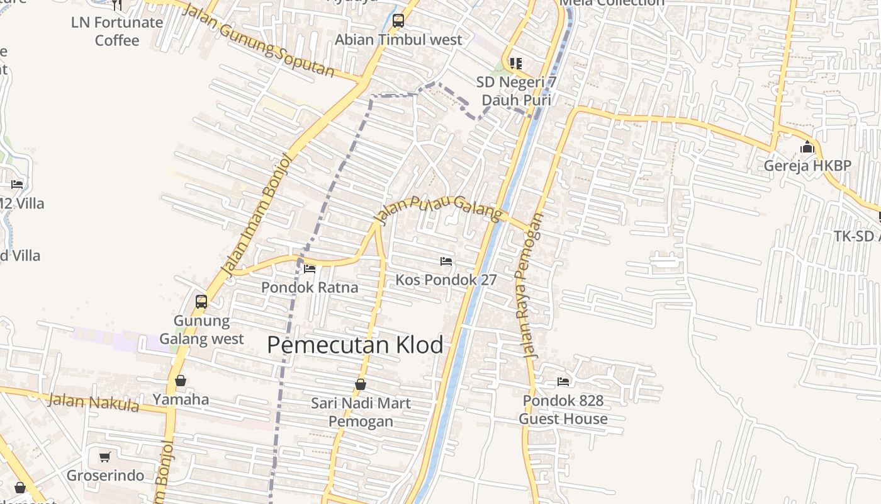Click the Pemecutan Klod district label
pyautogui.click(x=355, y=345)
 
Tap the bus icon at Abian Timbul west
pyautogui.click(x=398, y=21)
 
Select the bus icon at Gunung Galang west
pyautogui.click(x=201, y=301)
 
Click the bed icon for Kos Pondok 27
pyautogui.click(x=446, y=261)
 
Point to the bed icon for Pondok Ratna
pyautogui.click(x=310, y=268)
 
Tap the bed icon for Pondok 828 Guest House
pyautogui.click(x=563, y=381)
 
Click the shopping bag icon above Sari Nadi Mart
pyautogui.click(x=361, y=384)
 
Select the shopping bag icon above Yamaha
pyautogui.click(x=181, y=381)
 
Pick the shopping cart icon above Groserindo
pyautogui.click(x=105, y=457)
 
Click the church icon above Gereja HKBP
pyautogui.click(x=807, y=148)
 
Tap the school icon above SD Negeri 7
pyautogui.click(x=516, y=63)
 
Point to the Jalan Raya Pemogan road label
pyautogui.click(x=529, y=286)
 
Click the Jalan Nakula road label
pyautogui.click(x=94, y=401)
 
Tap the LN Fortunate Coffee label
pyautogui.click(x=117, y=31)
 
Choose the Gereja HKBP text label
pyautogui.click(x=807, y=166)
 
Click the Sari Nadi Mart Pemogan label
pyautogui.click(x=361, y=412)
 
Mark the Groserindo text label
pyautogui.click(x=105, y=476)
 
